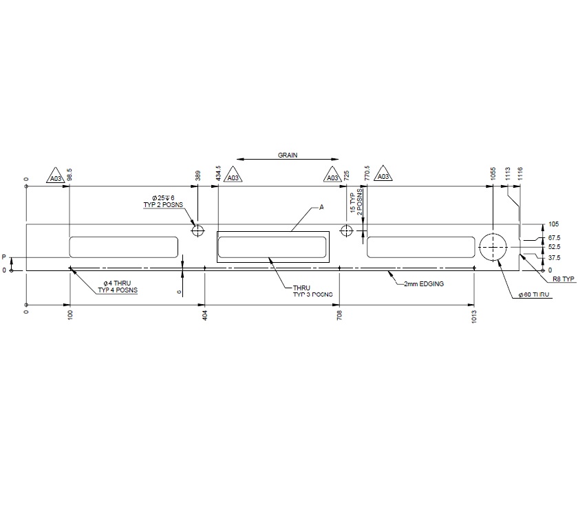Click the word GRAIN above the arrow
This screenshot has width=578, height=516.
tap(288, 155)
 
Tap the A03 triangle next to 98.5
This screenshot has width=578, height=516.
tap(56, 178)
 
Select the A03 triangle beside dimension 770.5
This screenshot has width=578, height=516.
tap(384, 177)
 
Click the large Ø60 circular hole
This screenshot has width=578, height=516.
tap(493, 246)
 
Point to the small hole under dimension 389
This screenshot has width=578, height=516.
tap(198, 229)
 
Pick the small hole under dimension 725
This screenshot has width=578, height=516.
tap(346, 230)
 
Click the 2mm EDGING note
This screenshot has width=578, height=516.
tap(423, 283)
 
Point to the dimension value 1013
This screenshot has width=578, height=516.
tap(475, 316)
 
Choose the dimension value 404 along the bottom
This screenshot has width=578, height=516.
tap(205, 316)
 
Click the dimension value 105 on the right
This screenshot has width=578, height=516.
tap(554, 224)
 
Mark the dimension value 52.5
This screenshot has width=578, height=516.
tap(554, 247)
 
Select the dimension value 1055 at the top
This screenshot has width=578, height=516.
tap(493, 173)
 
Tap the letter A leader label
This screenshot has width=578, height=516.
tap(321, 206)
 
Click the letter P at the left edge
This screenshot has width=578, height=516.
tap(4, 257)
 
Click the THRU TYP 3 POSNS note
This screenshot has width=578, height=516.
tap(312, 291)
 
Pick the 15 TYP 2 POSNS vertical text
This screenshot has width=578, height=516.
tap(356, 200)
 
